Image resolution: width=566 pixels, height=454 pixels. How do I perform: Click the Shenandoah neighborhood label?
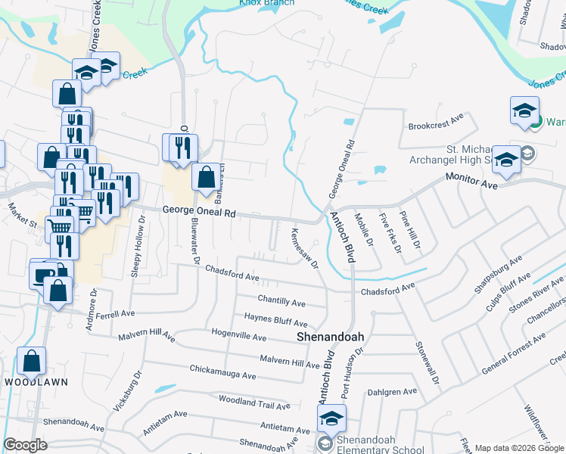pyautogui.click(x=330, y=337)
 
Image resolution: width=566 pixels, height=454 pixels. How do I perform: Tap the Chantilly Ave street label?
pyautogui.click(x=281, y=303)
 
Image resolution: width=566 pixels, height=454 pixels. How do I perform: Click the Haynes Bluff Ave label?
pyautogui.click(x=275, y=321)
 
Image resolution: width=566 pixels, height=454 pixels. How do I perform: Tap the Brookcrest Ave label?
pyautogui.click(x=435, y=121)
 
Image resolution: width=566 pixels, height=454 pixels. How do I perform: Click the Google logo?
pyautogui.click(x=25, y=445)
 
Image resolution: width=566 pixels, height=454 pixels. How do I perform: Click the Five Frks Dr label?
pyautogui.click(x=390, y=231)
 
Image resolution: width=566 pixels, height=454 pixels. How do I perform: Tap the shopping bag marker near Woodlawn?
pyautogui.click(x=32, y=361)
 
